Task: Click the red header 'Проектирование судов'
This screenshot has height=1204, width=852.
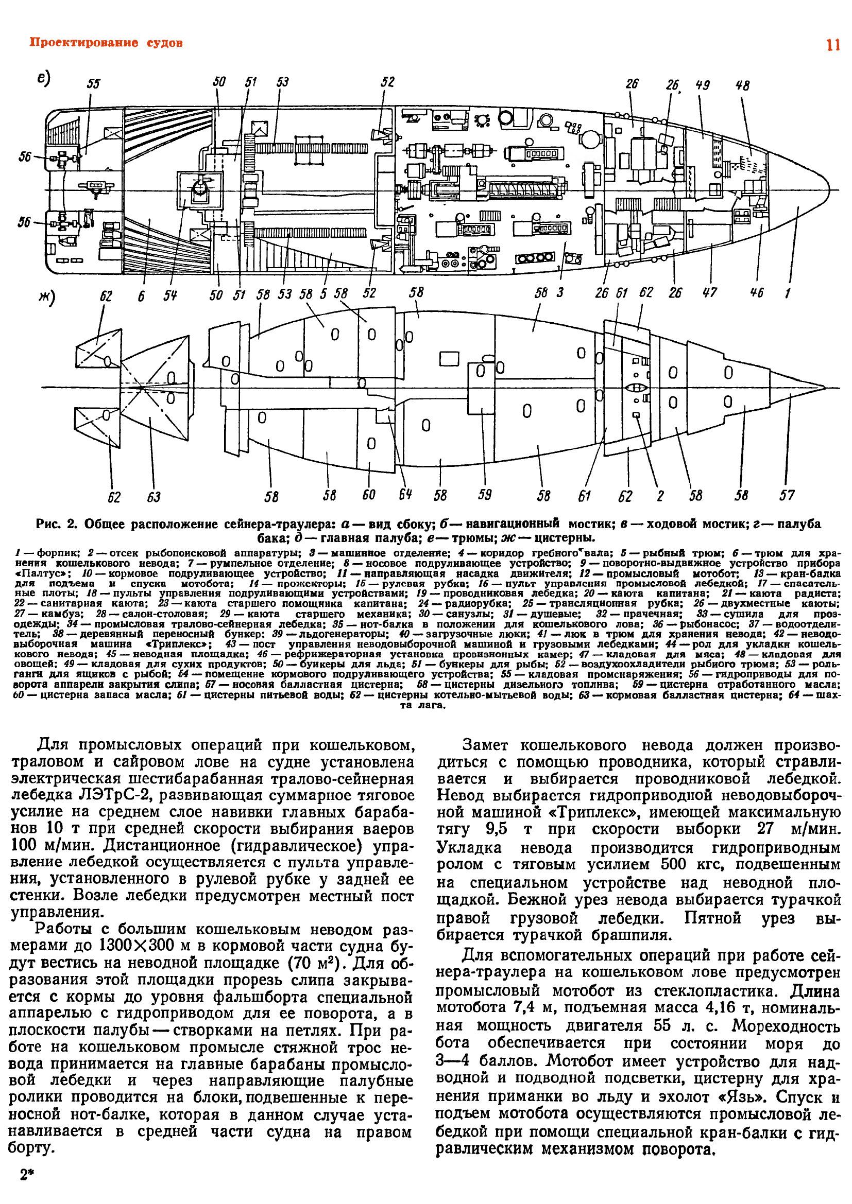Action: point(107,43)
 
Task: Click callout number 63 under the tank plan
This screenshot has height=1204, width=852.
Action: point(154,497)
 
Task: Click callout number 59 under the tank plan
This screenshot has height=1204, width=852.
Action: point(484,495)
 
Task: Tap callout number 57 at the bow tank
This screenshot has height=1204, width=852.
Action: point(787,495)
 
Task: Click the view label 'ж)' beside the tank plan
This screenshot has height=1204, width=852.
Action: point(48,300)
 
